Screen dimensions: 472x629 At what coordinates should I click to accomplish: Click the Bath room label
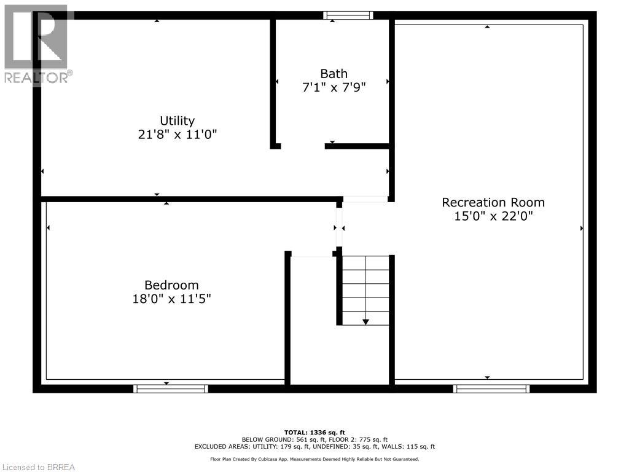click(334, 74)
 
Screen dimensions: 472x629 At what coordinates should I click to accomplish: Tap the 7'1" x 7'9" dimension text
click(334, 87)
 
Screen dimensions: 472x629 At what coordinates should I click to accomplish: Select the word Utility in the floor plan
click(177, 120)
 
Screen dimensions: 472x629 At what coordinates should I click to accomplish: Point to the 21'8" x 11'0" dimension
click(177, 134)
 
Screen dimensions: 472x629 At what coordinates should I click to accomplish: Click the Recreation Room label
click(493, 202)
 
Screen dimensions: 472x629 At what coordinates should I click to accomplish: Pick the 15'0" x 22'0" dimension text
click(493, 216)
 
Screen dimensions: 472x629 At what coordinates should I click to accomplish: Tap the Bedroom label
click(171, 285)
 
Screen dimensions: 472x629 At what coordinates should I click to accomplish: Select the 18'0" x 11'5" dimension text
click(171, 299)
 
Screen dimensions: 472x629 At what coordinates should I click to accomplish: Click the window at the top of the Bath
click(348, 15)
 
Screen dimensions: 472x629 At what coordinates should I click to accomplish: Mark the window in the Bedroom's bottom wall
click(171, 388)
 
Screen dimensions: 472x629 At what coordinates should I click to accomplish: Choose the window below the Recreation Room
click(491, 388)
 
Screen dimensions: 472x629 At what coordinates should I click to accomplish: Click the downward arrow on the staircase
click(365, 321)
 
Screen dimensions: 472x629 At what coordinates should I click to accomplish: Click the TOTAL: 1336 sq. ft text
click(314, 432)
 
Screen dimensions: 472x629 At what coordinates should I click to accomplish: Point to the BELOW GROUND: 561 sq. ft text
click(279, 439)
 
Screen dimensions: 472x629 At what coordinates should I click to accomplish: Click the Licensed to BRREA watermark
click(38, 467)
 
